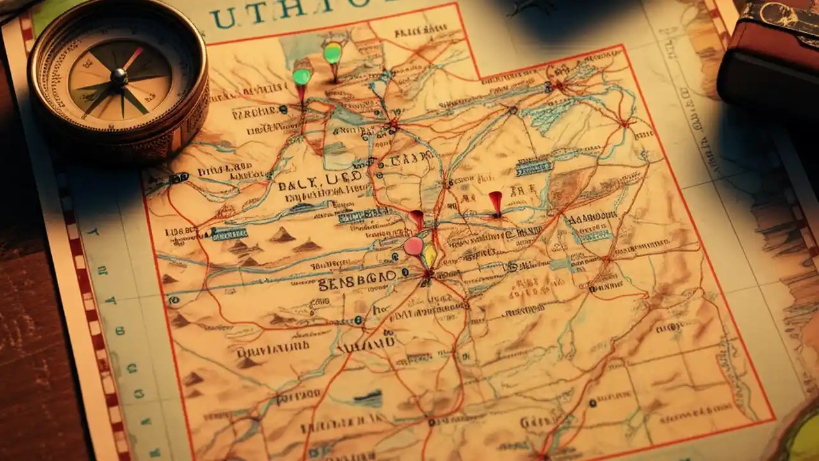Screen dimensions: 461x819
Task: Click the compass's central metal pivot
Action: pos(119,76)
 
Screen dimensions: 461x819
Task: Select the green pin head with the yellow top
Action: pos(333,53)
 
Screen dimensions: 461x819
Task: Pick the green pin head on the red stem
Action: pos(301,76)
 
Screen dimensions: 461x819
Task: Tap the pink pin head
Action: pos(413,245)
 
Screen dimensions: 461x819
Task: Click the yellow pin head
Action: pos(429,255)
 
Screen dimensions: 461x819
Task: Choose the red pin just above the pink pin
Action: pos(417,218)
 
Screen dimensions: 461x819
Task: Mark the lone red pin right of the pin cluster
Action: pos(496,201)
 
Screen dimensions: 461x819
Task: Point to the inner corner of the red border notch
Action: pos(479,78)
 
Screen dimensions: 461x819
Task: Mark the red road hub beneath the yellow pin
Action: pos(427,275)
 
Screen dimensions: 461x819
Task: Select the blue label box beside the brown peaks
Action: pos(228,234)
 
